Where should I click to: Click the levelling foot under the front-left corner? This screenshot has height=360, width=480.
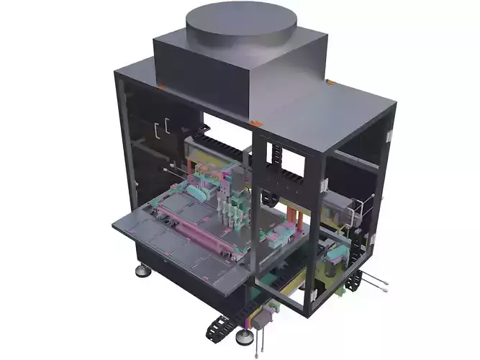(x=140, y=271)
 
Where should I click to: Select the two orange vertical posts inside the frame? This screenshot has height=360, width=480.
(x=291, y=216)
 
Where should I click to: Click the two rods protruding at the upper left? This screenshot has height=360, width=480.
(x=173, y=174)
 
